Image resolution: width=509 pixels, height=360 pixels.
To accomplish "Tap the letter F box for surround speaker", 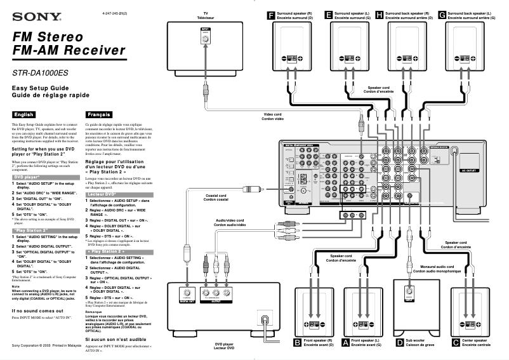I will (272, 15).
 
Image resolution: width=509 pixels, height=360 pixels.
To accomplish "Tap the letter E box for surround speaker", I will (328, 15).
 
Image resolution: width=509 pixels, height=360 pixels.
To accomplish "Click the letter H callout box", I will (379, 15).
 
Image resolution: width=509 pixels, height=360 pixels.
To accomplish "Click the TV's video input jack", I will (204, 39).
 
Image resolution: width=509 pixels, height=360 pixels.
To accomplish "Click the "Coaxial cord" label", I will (216, 197).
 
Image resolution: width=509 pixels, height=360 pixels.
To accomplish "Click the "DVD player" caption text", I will (223, 345).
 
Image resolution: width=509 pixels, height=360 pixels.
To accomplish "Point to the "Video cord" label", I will (274, 117).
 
